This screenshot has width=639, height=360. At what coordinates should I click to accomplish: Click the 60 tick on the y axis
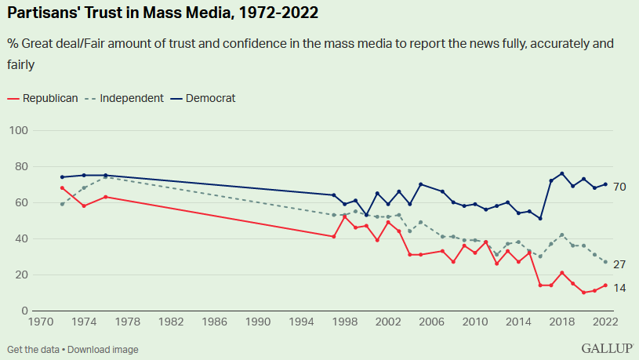20,202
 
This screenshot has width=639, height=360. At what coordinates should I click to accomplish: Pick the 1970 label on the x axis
41,322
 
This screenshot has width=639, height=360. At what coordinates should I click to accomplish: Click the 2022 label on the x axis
605,322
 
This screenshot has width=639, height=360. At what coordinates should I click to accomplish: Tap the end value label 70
619,187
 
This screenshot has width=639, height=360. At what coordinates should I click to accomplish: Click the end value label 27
619,264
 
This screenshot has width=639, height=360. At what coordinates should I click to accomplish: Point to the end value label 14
619,288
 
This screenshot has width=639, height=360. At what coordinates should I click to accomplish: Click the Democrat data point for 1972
62,177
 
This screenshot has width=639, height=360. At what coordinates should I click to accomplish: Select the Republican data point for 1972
62,187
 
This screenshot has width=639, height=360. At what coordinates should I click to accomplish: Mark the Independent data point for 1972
62,204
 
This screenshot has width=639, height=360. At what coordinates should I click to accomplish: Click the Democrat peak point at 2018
562,173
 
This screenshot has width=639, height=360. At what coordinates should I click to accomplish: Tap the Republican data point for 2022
605,285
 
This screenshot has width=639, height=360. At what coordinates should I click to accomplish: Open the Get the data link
32,348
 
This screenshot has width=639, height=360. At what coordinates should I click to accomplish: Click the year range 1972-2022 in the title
269,13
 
